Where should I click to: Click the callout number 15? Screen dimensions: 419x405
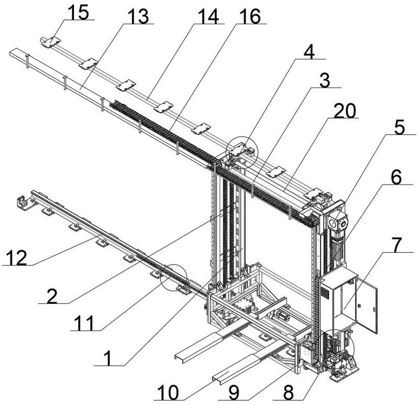78,12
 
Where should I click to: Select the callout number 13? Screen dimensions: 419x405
138,16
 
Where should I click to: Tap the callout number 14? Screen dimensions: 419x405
208,16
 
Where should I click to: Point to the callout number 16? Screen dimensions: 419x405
250,16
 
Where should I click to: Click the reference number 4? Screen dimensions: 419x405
309,51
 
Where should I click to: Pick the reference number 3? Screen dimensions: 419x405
325,80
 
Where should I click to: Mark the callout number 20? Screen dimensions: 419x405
345,111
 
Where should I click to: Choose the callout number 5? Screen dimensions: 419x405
400,127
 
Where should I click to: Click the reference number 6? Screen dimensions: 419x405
396,177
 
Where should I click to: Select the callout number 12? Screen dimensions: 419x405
17,258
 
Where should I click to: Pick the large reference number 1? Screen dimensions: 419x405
108,358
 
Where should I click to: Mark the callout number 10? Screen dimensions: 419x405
168,393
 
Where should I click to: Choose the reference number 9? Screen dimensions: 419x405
234,393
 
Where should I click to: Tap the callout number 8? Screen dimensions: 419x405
289,393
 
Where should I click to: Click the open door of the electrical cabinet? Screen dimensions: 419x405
367,305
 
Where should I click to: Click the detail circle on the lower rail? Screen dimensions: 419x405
174,276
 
